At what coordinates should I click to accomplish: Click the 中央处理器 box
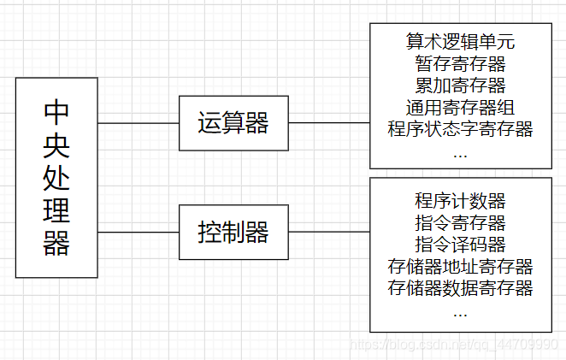pos(56,177)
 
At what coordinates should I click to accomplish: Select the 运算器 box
pos(233,124)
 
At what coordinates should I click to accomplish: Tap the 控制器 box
pos(233,232)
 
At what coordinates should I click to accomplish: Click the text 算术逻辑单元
pos(460,41)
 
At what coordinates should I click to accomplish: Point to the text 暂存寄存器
pos(460,63)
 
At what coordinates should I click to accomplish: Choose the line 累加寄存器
pos(460,86)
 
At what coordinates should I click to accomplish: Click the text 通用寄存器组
pos(460,108)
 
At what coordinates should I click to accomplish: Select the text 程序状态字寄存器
pos(460,130)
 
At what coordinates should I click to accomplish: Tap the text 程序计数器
pos(460,201)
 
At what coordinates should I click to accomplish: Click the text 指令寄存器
pos(460,223)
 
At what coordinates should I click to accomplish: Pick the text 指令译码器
pos(460,245)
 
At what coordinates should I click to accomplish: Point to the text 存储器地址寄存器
pos(460,267)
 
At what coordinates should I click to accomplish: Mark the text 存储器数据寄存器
pos(460,288)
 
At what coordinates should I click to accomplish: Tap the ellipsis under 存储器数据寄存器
pos(460,314)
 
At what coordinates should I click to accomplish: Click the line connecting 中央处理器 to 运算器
pos(139,124)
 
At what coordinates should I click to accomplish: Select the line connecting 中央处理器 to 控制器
pos(139,232)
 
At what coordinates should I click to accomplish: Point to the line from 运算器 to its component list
pos(328,124)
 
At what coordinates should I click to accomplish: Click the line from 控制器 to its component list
pos(328,232)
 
